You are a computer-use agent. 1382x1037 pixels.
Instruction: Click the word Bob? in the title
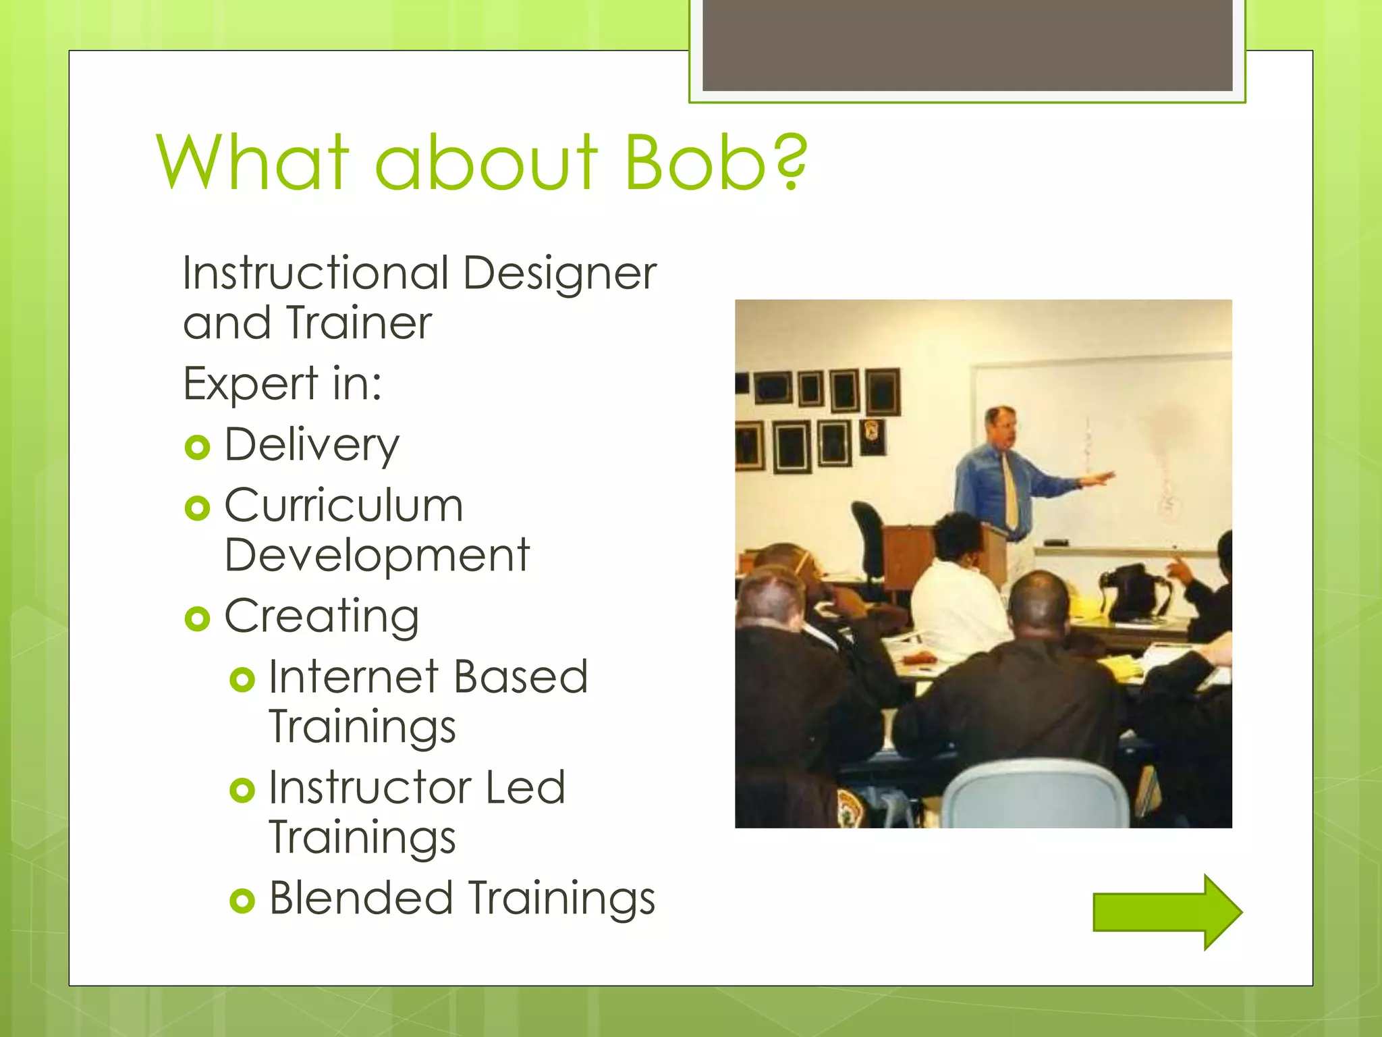tap(715, 162)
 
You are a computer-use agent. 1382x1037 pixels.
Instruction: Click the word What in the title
tap(253, 162)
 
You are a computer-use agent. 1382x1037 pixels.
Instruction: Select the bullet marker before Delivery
tap(197, 447)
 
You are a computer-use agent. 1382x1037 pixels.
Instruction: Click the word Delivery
tap(312, 446)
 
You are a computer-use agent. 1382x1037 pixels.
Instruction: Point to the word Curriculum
tap(343, 505)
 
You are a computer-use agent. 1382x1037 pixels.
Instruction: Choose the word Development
tap(377, 555)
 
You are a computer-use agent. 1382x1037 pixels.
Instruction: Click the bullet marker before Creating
tap(197, 618)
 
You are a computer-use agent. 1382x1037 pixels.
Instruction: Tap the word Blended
tap(360, 898)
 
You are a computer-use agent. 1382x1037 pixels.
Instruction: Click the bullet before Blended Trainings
tap(242, 901)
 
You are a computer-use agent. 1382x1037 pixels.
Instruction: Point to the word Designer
tap(559, 273)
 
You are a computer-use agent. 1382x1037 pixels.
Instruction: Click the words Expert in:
tap(282, 383)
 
